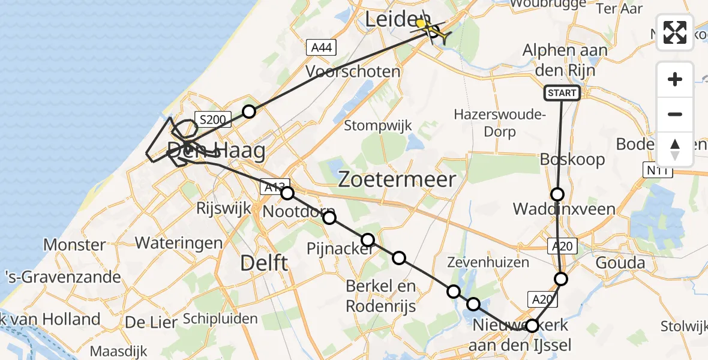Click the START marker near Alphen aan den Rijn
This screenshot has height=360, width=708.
(x=562, y=92)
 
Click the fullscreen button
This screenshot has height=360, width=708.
(x=675, y=32)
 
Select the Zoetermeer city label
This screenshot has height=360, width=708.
(x=397, y=179)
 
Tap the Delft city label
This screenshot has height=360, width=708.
(x=264, y=262)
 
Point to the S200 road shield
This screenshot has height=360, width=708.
(x=213, y=120)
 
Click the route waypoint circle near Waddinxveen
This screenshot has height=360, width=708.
(x=557, y=194)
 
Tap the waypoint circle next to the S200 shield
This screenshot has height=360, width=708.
(x=249, y=111)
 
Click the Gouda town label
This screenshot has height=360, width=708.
(x=620, y=263)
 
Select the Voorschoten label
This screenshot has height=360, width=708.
(x=353, y=71)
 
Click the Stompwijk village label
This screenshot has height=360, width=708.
(x=378, y=125)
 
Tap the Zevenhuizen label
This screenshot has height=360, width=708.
(x=488, y=262)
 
